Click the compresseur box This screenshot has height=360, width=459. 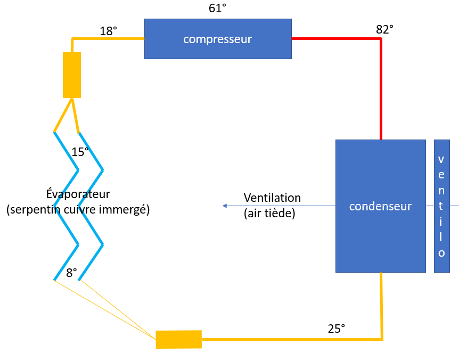[218, 39]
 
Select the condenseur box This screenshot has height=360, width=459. [380, 206]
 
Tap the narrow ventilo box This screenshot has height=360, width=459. [441, 206]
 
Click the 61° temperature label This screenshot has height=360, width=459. [217, 8]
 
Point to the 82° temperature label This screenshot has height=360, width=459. [384, 30]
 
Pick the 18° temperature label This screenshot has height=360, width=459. [108, 31]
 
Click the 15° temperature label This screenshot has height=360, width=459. [80, 152]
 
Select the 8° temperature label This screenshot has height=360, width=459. [71, 273]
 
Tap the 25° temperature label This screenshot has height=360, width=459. [336, 329]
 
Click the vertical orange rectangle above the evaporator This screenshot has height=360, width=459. [72, 75]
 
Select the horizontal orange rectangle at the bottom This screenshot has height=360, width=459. [178, 339]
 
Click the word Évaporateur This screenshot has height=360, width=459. [78, 194]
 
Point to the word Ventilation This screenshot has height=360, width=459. [272, 198]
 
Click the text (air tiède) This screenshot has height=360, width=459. [269, 214]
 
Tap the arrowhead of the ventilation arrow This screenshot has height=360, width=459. [225, 206]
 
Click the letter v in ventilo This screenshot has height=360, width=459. [441, 159]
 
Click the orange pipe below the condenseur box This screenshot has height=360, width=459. [382, 306]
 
